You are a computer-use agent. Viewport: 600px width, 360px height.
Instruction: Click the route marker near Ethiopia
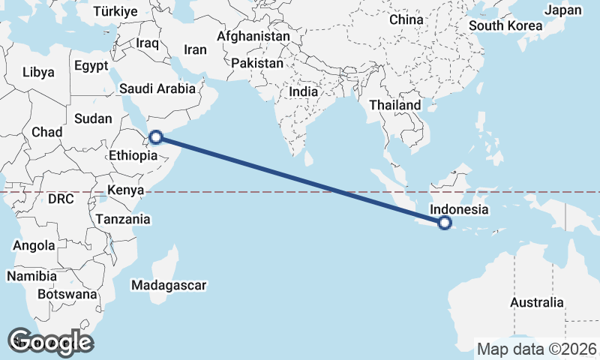(x=155, y=136)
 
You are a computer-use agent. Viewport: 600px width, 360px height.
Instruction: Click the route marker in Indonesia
(x=445, y=222)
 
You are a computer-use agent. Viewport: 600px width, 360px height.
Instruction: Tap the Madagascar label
(x=168, y=285)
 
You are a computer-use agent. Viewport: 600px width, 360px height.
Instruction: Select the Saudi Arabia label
(x=157, y=88)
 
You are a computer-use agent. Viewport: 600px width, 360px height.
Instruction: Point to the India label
(x=304, y=91)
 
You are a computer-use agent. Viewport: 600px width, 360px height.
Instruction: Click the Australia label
(x=536, y=302)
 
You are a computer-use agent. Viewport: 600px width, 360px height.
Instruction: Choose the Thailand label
(x=394, y=106)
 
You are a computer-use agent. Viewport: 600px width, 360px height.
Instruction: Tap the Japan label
(x=562, y=10)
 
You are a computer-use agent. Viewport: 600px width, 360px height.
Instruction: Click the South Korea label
(x=505, y=25)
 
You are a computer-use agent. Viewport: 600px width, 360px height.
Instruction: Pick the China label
(x=406, y=19)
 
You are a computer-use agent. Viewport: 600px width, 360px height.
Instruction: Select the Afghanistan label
(x=253, y=36)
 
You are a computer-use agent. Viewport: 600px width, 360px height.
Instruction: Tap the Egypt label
(x=92, y=65)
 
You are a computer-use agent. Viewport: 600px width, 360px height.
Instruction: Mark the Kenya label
(x=125, y=190)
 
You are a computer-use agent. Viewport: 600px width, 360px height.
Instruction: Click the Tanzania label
(x=123, y=219)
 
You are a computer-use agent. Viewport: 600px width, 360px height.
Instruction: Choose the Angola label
(x=34, y=245)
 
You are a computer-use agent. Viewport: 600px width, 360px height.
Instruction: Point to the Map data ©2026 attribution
(x=537, y=349)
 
